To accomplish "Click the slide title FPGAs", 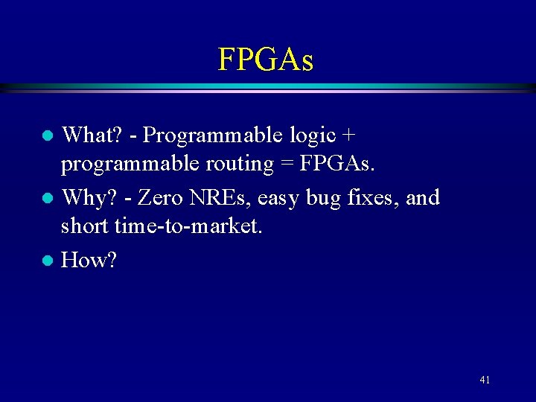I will [x=266, y=59].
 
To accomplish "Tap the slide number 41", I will [x=485, y=380].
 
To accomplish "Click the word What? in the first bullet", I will [x=87, y=135].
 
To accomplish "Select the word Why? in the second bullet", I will [x=84, y=198].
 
